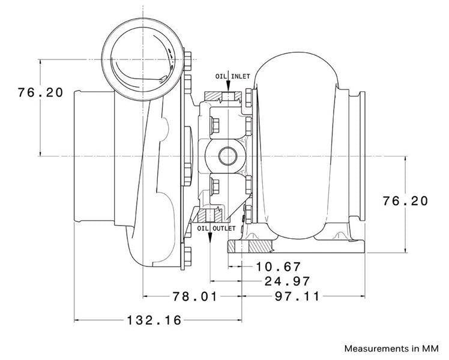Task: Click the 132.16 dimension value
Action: point(154,320)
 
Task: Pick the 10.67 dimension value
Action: point(277,266)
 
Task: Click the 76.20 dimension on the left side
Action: point(40,94)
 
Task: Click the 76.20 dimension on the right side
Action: point(406,200)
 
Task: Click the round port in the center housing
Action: point(228,155)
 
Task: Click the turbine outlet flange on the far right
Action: point(361,156)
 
